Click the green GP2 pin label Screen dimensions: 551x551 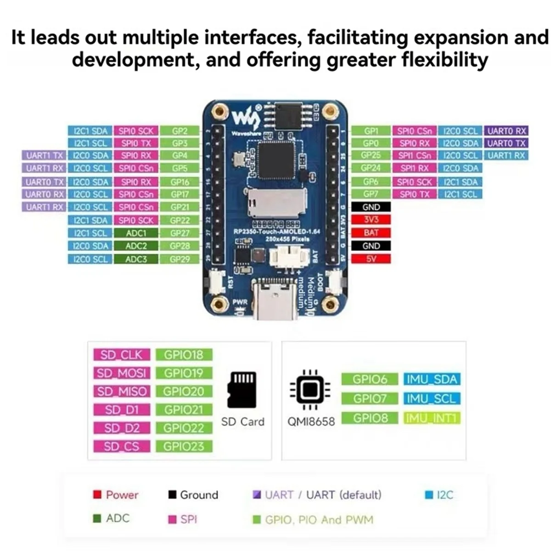[x=180, y=131]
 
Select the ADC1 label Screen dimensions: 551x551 [x=136, y=233]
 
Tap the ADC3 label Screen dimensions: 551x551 [x=136, y=259]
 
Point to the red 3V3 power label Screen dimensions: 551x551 [x=371, y=220]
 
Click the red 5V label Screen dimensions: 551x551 [x=371, y=259]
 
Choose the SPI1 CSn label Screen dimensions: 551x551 [x=415, y=156]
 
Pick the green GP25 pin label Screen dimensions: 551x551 [x=371, y=156]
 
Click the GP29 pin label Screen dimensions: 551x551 [x=180, y=259]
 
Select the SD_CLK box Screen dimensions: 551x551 [x=121, y=355]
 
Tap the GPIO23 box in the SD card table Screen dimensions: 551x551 [x=183, y=446]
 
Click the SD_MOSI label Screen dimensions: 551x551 [x=121, y=373]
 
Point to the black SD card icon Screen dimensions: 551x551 [x=242, y=390]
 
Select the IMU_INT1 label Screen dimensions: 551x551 [x=432, y=418]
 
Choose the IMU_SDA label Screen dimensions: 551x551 [x=432, y=380]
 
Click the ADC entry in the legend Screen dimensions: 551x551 [x=112, y=518]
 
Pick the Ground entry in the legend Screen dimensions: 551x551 [x=193, y=495]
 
